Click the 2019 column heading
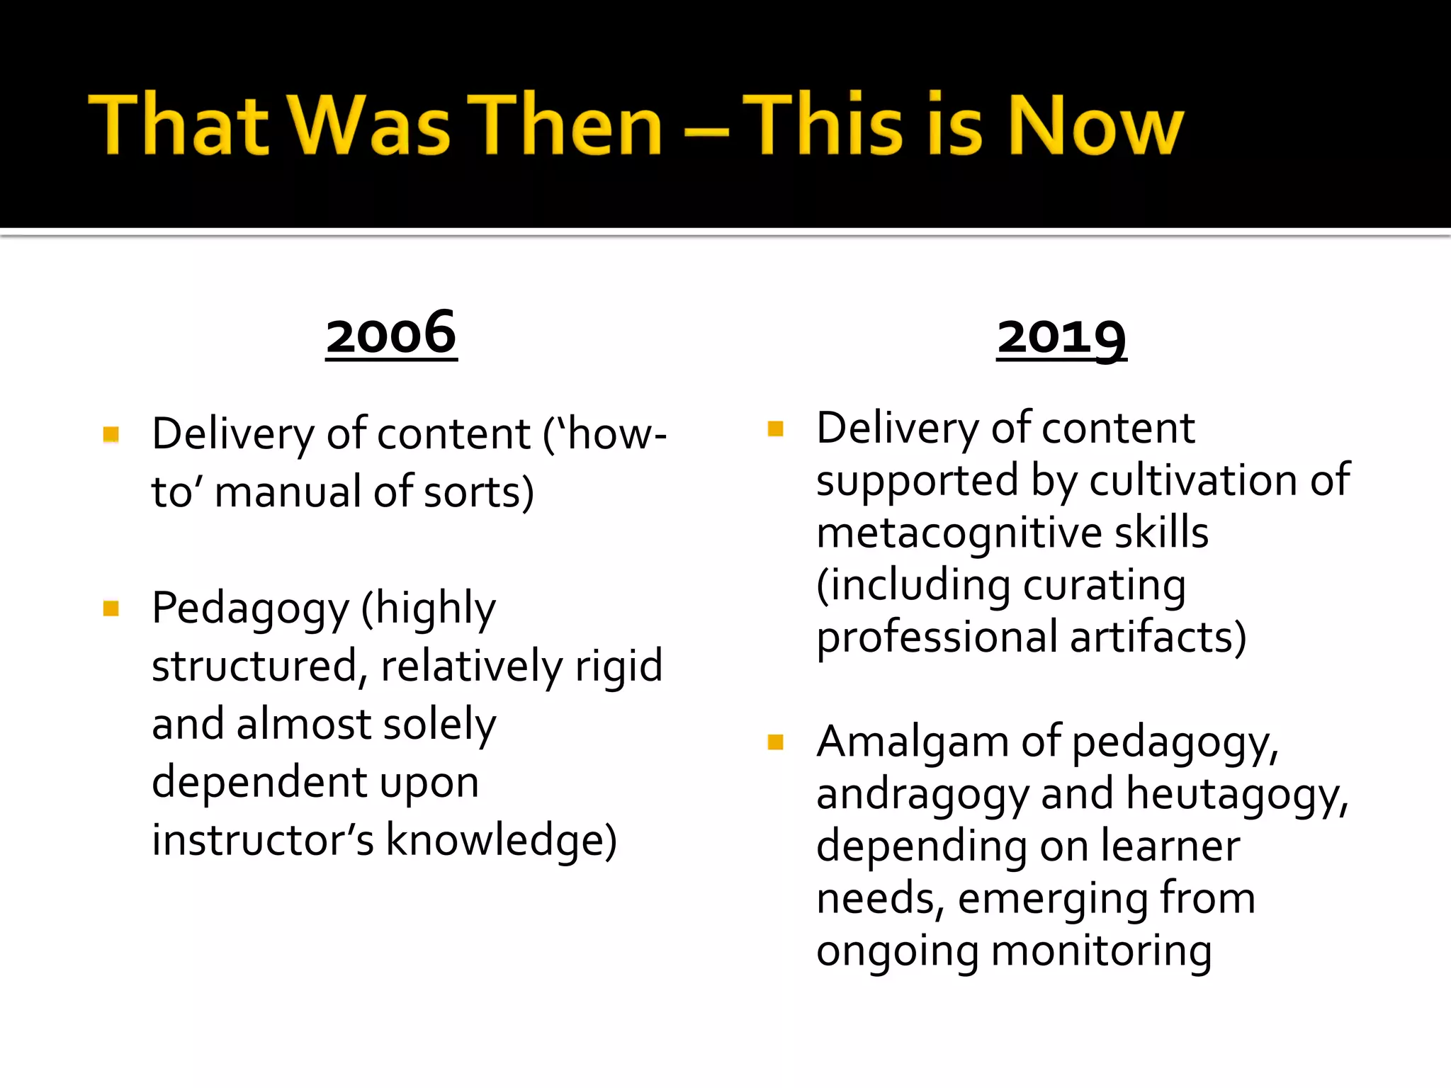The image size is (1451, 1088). pos(1061,337)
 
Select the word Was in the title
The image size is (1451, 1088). pos(369,125)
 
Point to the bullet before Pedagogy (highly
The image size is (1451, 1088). pos(111,608)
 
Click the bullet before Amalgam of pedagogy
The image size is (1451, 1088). pos(776,742)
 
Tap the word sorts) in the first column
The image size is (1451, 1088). pos(478,492)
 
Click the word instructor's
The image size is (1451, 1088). pos(263,840)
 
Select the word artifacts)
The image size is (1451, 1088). pos(1158,637)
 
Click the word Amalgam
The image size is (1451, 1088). pos(913,742)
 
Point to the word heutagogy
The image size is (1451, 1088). pos(1236,794)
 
